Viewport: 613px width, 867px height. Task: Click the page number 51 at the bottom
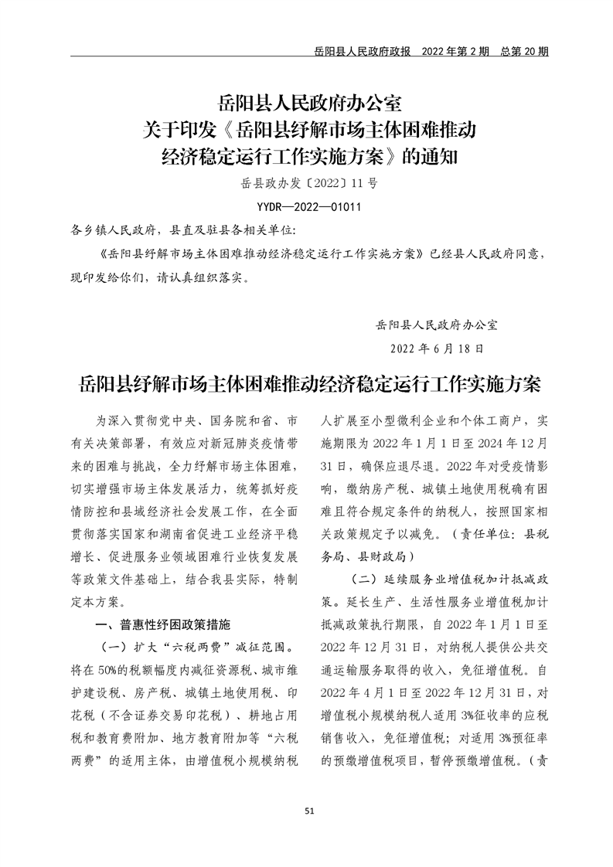309,811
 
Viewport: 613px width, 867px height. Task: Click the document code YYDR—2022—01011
308,207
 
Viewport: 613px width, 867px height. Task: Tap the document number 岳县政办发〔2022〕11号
308,184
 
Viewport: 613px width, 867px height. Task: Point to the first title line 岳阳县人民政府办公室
308,101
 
